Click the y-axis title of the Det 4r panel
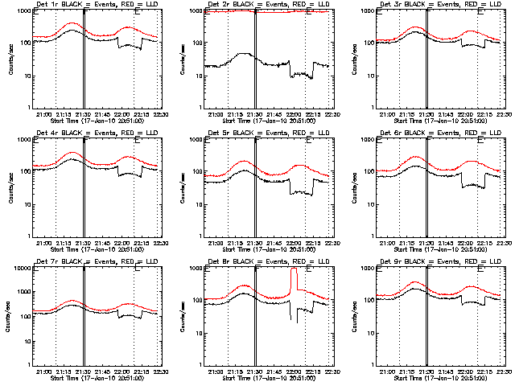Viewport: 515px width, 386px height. click(10, 187)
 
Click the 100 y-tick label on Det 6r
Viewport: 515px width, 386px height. click(366, 171)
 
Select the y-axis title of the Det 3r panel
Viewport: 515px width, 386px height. click(354, 58)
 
